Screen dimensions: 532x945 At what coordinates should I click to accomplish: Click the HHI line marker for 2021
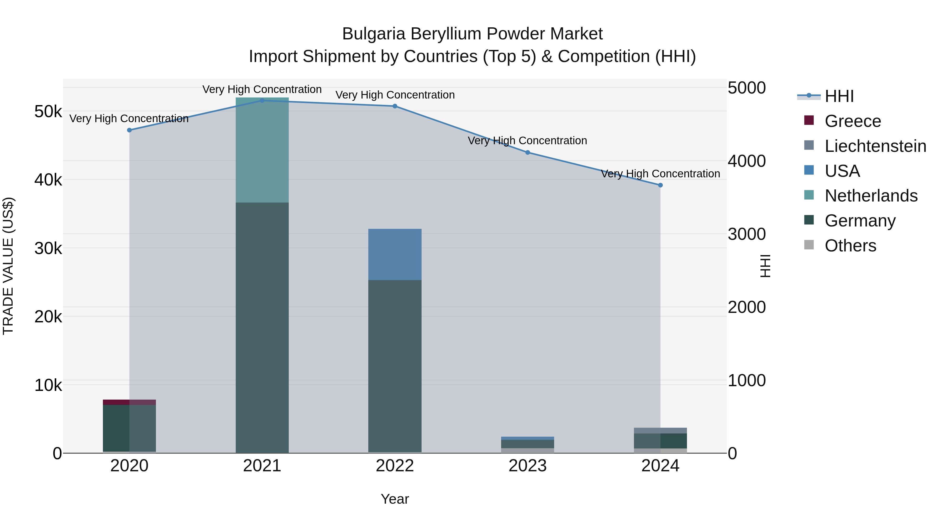tap(262, 100)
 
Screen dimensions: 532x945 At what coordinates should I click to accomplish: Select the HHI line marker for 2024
tap(660, 185)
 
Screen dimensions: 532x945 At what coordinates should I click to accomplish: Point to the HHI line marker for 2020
tap(129, 130)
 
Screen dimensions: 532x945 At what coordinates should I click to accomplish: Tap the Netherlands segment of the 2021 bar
tap(262, 150)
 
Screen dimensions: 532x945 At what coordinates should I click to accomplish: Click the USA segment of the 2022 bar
tap(395, 254)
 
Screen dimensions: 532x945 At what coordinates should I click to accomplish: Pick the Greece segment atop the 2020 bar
tap(129, 402)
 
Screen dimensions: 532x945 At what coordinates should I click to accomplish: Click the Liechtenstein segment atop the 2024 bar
tap(660, 430)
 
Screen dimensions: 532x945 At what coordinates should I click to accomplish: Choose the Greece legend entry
tap(853, 121)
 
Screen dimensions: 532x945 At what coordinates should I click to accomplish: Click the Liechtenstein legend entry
tap(875, 146)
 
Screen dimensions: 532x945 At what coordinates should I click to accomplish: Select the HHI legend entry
tap(839, 96)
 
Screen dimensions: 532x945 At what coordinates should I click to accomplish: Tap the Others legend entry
tap(850, 246)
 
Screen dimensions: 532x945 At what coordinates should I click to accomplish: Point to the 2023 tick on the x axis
tap(528, 466)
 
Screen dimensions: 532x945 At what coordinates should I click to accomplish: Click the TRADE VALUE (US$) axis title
tap(8, 266)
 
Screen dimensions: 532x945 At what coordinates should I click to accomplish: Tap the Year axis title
tap(395, 499)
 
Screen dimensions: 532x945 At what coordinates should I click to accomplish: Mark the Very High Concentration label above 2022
tap(395, 95)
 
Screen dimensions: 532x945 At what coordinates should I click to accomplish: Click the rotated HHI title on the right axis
tap(765, 266)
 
